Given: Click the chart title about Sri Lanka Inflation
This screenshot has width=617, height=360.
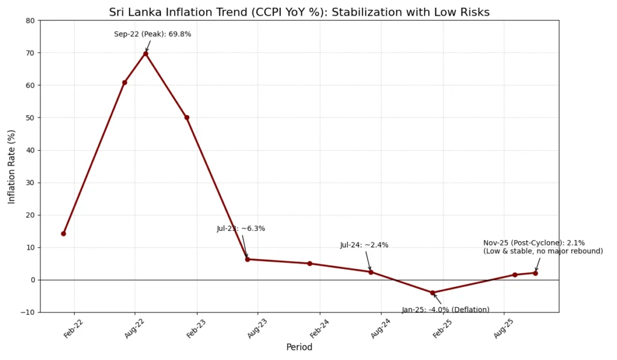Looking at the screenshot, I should [299, 12].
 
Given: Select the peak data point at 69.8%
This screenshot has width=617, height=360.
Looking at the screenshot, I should [145, 54].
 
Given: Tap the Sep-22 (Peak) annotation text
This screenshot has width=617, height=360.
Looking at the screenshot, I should [152, 34].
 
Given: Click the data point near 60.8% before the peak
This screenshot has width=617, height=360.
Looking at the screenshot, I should [125, 83].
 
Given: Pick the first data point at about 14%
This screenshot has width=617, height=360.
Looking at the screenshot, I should [63, 233].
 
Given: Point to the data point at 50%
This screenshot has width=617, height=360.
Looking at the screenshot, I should [187, 118].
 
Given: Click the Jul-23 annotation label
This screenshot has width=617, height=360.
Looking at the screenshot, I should [240, 229].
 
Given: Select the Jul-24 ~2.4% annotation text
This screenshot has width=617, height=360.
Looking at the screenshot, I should [364, 245].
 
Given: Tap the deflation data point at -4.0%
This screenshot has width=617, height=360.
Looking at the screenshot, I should [432, 293].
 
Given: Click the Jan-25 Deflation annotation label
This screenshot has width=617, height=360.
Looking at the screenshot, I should [445, 310].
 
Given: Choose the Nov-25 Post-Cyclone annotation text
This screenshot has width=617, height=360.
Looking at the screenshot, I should [542, 247].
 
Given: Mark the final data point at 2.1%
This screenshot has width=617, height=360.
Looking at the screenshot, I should [535, 273].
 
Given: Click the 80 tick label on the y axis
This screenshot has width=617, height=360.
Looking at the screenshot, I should [30, 21].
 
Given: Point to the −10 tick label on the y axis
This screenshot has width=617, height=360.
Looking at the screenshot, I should [28, 312].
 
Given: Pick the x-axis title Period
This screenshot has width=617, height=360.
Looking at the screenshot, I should [299, 348].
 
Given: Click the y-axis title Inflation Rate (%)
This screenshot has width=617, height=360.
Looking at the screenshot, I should [11, 166].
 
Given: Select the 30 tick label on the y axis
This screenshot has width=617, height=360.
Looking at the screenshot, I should [30, 183].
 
